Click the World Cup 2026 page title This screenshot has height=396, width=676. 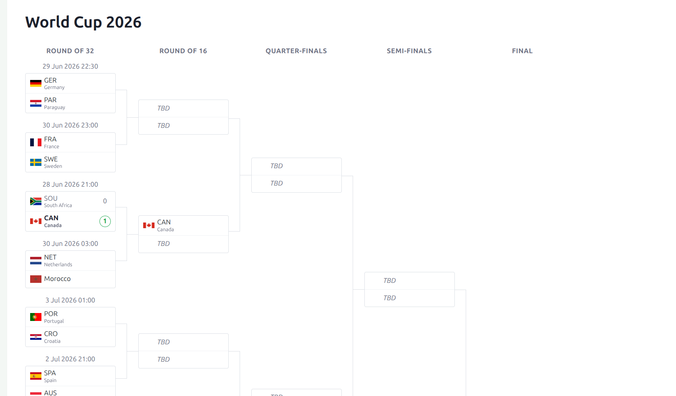point(83,22)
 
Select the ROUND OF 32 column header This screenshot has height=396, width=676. point(70,51)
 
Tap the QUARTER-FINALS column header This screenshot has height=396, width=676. point(296,51)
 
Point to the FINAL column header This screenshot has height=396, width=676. point(522,51)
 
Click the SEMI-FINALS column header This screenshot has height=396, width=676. point(409,51)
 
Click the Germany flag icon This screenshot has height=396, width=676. point(36,83)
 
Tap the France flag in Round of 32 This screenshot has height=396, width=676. point(36,143)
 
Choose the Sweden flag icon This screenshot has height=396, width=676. point(36,162)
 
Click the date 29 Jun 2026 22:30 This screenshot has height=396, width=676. point(70,66)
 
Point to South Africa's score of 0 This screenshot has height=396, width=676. point(105,201)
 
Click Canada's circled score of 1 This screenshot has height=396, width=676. point(105,221)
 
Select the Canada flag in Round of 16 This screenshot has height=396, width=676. point(149,226)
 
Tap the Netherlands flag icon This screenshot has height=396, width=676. point(36,261)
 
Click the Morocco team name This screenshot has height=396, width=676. point(57,279)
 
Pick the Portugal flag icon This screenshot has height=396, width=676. point(36,317)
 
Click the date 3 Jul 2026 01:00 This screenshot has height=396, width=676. point(70,300)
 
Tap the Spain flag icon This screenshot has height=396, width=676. point(36,376)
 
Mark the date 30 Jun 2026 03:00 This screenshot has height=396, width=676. point(70,244)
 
